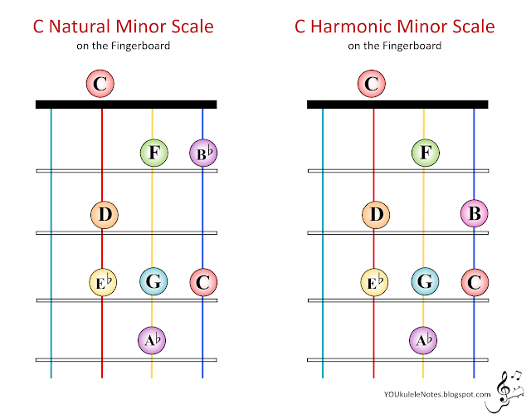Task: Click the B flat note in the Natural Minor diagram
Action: click(202, 153)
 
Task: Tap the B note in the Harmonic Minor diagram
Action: click(474, 214)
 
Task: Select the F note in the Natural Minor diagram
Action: click(152, 153)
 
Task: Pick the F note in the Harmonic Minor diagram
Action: click(424, 153)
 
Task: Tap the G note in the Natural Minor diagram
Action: click(152, 282)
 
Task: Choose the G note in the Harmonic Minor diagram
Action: click(424, 282)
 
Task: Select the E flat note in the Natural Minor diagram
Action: click(103, 282)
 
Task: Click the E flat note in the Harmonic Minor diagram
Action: click(375, 282)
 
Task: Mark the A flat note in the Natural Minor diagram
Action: click(152, 339)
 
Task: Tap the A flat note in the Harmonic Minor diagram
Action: click(424, 339)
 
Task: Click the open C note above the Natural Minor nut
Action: click(100, 83)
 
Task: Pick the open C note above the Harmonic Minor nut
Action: click(372, 83)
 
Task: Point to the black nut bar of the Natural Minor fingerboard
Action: click(126, 105)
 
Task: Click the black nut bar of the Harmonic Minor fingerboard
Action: click(397, 105)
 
